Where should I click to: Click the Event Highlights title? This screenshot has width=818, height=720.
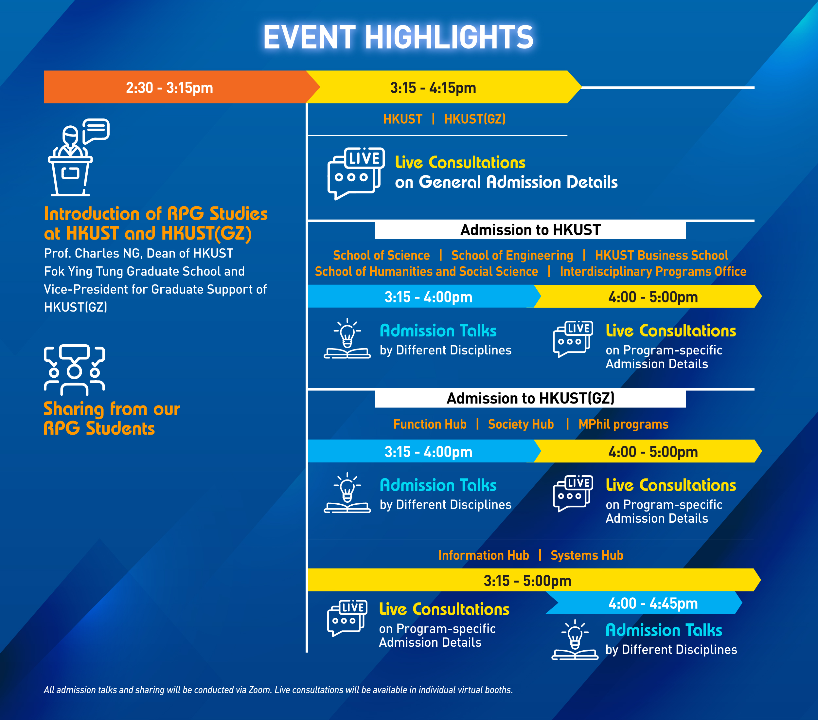click(x=398, y=37)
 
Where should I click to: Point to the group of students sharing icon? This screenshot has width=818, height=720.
click(x=74, y=370)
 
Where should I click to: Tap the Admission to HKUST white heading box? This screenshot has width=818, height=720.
click(x=530, y=230)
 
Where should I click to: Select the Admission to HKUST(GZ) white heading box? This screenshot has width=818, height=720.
click(x=530, y=398)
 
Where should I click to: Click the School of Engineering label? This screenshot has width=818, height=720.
click(x=512, y=255)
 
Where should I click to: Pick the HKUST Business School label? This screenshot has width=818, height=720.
click(x=662, y=255)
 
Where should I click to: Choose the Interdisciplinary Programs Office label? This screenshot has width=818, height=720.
click(x=653, y=272)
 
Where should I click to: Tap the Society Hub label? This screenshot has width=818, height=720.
click(x=521, y=424)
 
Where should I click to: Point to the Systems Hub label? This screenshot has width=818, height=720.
click(x=587, y=555)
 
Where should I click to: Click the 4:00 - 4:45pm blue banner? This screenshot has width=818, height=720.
click(x=644, y=603)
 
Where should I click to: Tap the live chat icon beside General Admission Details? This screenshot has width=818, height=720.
click(x=356, y=174)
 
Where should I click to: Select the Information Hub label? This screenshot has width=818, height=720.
click(x=483, y=555)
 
